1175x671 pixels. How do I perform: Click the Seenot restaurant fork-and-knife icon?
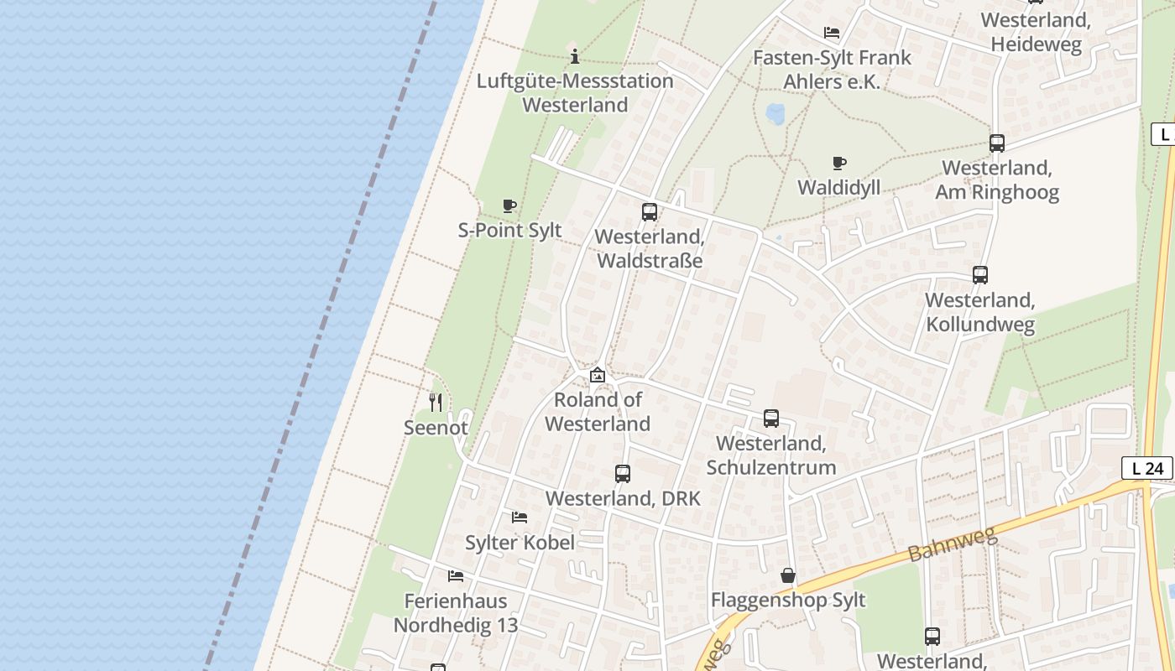tap(435, 403)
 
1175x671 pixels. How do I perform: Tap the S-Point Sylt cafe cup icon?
tap(509, 205)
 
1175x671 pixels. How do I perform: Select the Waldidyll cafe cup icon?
tap(838, 163)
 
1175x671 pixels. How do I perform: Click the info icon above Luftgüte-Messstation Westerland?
tap(575, 57)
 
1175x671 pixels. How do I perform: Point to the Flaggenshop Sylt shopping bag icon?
tap(787, 575)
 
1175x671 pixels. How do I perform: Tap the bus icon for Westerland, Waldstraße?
tap(650, 212)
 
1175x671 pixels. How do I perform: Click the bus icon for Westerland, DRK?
tap(622, 474)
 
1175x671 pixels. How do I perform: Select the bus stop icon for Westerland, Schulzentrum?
tap(770, 418)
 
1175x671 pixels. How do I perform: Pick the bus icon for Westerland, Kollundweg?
tap(979, 274)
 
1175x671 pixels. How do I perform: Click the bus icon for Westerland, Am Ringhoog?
tap(996, 143)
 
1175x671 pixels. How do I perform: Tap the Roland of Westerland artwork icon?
tap(598, 375)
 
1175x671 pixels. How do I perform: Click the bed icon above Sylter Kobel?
tap(520, 518)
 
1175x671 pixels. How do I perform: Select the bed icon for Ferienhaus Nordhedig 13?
tap(456, 576)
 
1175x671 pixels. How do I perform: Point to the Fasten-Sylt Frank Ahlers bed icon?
tap(832, 34)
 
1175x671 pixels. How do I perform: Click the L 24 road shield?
tap(1147, 468)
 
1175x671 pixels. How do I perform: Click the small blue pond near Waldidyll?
tap(775, 112)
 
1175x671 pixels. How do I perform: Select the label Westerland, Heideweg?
tap(1036, 32)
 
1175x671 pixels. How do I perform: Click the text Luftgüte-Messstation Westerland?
tap(575, 93)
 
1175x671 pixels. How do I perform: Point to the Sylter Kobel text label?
tap(520, 543)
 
